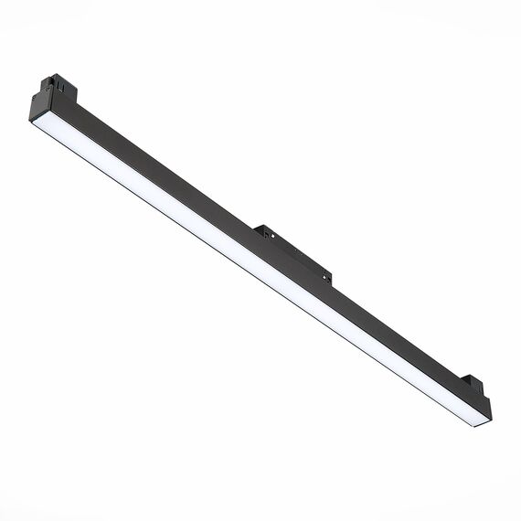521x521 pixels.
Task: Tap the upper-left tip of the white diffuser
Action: pyautogui.click(x=35, y=124)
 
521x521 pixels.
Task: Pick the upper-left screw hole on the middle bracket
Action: pyautogui.click(x=266, y=234)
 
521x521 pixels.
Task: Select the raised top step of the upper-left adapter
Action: pyautogui.click(x=63, y=78)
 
